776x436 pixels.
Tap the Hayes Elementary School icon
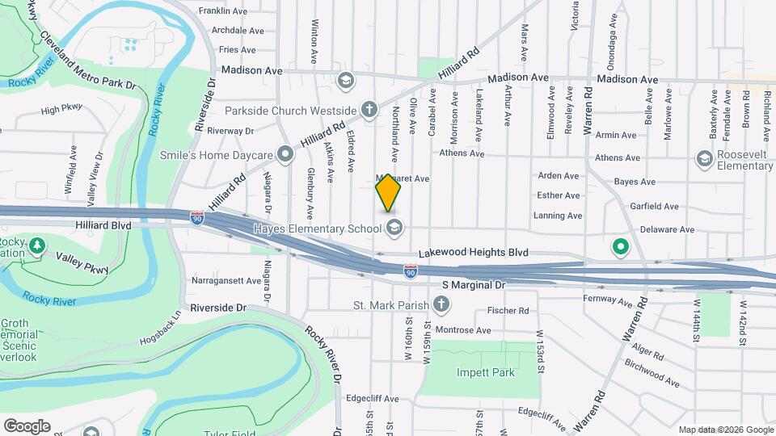[394, 227]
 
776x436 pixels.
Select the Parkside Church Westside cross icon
[369, 110]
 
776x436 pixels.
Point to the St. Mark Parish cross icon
[441, 305]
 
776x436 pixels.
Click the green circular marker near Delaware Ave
[621, 246]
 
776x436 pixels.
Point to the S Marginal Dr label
[474, 285]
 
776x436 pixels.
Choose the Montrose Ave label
[462, 330]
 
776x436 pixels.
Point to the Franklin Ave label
[223, 11]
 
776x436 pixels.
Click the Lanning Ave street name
[558, 216]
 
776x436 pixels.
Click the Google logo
[26, 426]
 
